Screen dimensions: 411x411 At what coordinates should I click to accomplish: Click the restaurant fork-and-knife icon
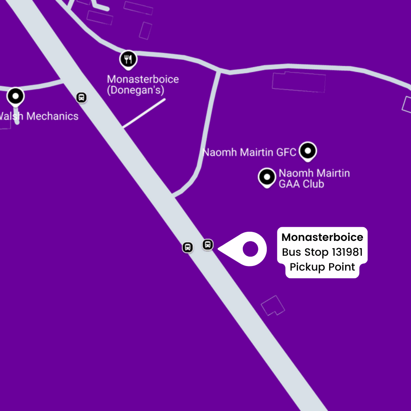129,59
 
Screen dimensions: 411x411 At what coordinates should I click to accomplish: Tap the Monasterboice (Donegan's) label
143,85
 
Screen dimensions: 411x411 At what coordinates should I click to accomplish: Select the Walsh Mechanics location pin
16,97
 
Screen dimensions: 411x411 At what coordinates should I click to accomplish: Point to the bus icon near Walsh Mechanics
81,97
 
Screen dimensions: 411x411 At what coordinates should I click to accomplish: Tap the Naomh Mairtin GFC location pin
307,151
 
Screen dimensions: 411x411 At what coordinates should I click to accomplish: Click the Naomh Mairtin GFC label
249,153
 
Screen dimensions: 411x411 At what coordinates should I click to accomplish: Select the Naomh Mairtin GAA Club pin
267,177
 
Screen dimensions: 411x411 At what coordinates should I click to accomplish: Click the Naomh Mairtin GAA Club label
314,178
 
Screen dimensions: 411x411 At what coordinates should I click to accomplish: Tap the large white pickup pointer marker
244,249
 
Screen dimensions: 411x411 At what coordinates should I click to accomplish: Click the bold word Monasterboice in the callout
322,237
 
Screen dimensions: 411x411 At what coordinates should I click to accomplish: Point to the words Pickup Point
322,267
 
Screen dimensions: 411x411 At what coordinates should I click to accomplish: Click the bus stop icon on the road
207,244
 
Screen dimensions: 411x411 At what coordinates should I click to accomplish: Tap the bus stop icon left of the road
187,247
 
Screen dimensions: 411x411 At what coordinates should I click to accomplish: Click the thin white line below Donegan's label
144,113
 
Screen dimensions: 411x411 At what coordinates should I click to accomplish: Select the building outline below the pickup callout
273,305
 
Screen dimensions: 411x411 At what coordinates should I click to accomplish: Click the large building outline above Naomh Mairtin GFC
299,82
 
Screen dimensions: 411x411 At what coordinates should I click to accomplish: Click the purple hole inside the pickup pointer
250,249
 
